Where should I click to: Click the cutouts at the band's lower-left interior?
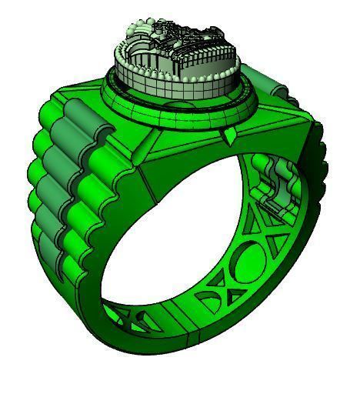[127, 316]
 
